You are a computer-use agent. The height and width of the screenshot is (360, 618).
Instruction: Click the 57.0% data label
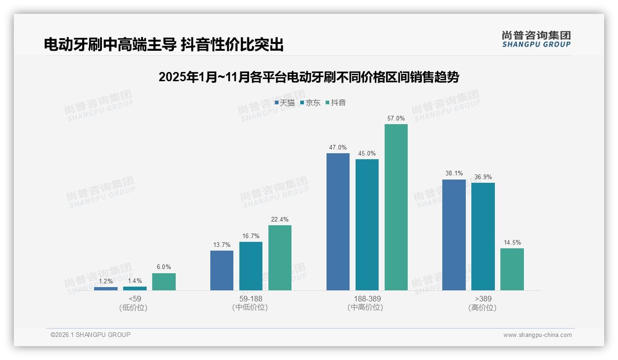[x=396, y=119]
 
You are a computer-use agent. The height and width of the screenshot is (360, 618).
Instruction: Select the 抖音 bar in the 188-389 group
[x=396, y=207]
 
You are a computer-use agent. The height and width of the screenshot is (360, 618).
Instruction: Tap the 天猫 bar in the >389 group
[x=454, y=235]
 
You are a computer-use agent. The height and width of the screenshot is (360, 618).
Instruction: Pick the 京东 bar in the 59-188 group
[x=251, y=266]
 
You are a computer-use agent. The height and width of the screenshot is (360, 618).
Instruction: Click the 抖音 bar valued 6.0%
[x=164, y=282]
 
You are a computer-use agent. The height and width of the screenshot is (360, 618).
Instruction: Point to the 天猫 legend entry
[x=285, y=103]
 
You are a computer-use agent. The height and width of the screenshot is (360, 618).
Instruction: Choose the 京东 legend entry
[x=310, y=103]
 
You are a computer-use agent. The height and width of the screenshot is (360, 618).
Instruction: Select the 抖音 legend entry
[x=336, y=103]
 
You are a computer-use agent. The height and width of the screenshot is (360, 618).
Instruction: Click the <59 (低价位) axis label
[x=134, y=303]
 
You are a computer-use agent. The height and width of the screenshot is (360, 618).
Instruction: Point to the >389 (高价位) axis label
[x=483, y=303]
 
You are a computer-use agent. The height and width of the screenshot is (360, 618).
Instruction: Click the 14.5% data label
[x=512, y=243]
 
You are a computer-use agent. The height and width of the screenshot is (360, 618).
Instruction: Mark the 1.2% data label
[x=106, y=281]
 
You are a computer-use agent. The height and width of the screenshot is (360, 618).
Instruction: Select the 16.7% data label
[x=251, y=236]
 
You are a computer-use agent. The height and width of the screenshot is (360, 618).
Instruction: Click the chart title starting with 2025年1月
[x=309, y=77]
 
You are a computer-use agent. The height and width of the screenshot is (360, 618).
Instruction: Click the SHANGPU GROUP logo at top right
[x=536, y=39]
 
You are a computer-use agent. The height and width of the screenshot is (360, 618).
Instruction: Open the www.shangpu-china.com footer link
[x=537, y=335]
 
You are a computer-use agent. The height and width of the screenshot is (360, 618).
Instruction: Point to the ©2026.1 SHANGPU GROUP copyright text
[x=90, y=335]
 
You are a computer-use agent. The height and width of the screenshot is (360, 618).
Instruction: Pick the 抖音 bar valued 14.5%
[x=512, y=269]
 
